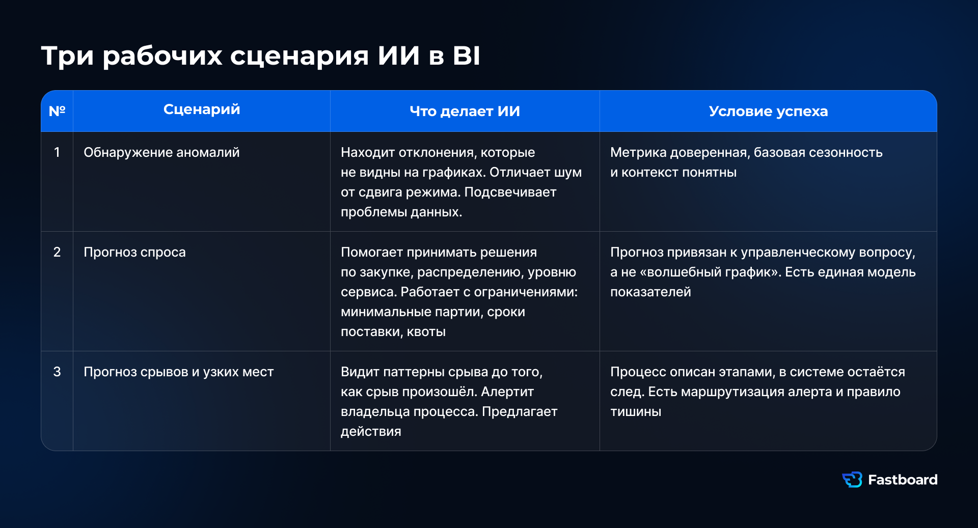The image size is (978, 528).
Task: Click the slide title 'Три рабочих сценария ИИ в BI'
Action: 261,56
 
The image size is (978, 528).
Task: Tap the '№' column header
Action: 57,111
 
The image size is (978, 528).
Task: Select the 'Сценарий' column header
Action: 202,109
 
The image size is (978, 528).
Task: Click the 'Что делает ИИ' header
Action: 465,112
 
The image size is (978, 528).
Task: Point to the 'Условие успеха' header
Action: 769,112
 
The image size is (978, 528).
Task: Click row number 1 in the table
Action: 57,152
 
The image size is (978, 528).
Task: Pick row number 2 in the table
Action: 57,252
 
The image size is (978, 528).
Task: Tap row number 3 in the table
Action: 57,372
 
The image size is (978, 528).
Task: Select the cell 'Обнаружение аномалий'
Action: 161,153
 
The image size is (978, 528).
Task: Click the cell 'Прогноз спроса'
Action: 134,253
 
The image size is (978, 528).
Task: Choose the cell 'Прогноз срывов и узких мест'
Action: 179,372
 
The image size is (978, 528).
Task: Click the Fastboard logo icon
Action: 852,480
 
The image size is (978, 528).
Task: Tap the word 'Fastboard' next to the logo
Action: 903,480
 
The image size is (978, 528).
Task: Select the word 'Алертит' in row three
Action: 507,392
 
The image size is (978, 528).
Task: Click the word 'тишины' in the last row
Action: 636,412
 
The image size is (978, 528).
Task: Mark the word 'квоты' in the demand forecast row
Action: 426,332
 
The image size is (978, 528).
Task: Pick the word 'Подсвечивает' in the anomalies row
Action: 510,192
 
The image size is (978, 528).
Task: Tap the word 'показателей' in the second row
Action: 650,292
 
